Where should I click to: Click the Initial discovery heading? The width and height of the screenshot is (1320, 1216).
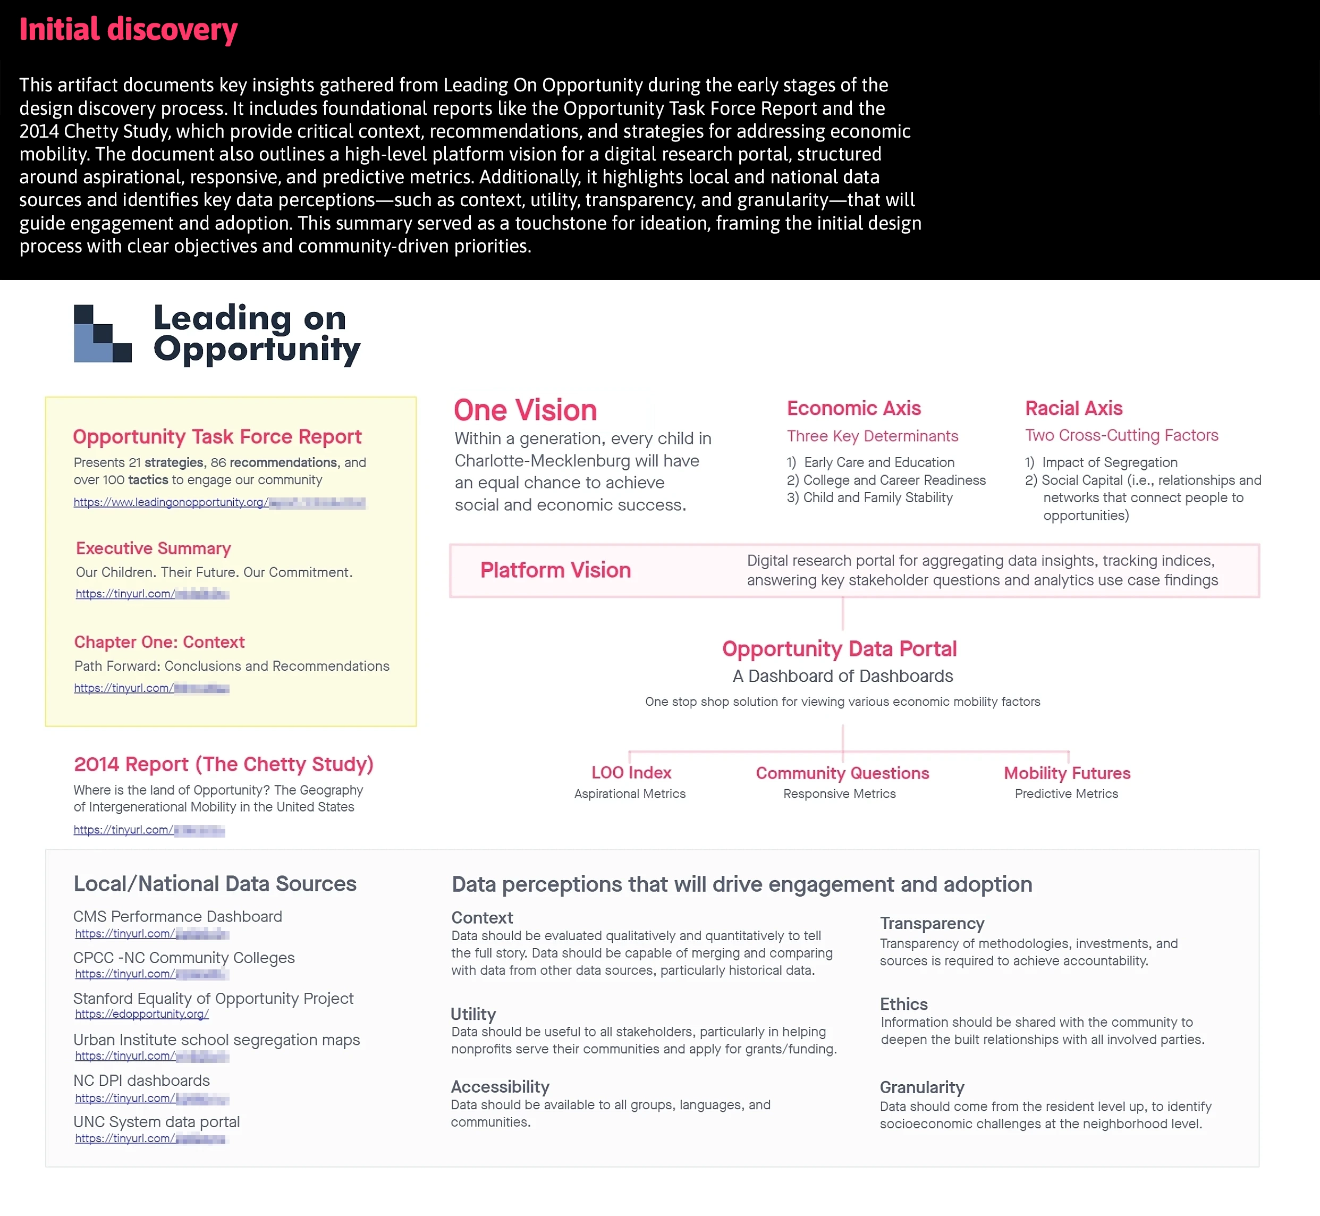[128, 30]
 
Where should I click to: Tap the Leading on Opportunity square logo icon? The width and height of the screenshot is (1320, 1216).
[103, 334]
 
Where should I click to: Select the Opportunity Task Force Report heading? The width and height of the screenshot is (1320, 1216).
[217, 437]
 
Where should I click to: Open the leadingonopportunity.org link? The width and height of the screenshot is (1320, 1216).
[218, 503]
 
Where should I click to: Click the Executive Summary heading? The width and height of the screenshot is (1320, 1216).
[154, 548]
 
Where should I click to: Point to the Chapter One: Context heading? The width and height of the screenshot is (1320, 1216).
[159, 642]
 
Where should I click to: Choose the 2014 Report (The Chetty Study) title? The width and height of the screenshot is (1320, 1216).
[224, 764]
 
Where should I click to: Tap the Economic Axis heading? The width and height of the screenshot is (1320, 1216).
[853, 409]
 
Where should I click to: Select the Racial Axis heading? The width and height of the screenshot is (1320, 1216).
[1073, 409]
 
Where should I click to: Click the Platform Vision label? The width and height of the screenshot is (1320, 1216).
[555, 570]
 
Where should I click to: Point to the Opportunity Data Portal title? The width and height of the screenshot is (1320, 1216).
[839, 649]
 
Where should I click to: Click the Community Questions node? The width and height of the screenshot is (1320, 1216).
[842, 773]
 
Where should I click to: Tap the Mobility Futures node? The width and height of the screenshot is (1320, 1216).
[1067, 773]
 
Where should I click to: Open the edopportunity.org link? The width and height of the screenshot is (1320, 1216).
[142, 1014]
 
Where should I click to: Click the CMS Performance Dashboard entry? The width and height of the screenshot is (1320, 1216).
[177, 917]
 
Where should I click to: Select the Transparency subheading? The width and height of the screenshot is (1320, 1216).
[932, 924]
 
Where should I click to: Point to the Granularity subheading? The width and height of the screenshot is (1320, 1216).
[922, 1088]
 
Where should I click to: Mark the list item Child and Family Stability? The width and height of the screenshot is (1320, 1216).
[877, 498]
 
